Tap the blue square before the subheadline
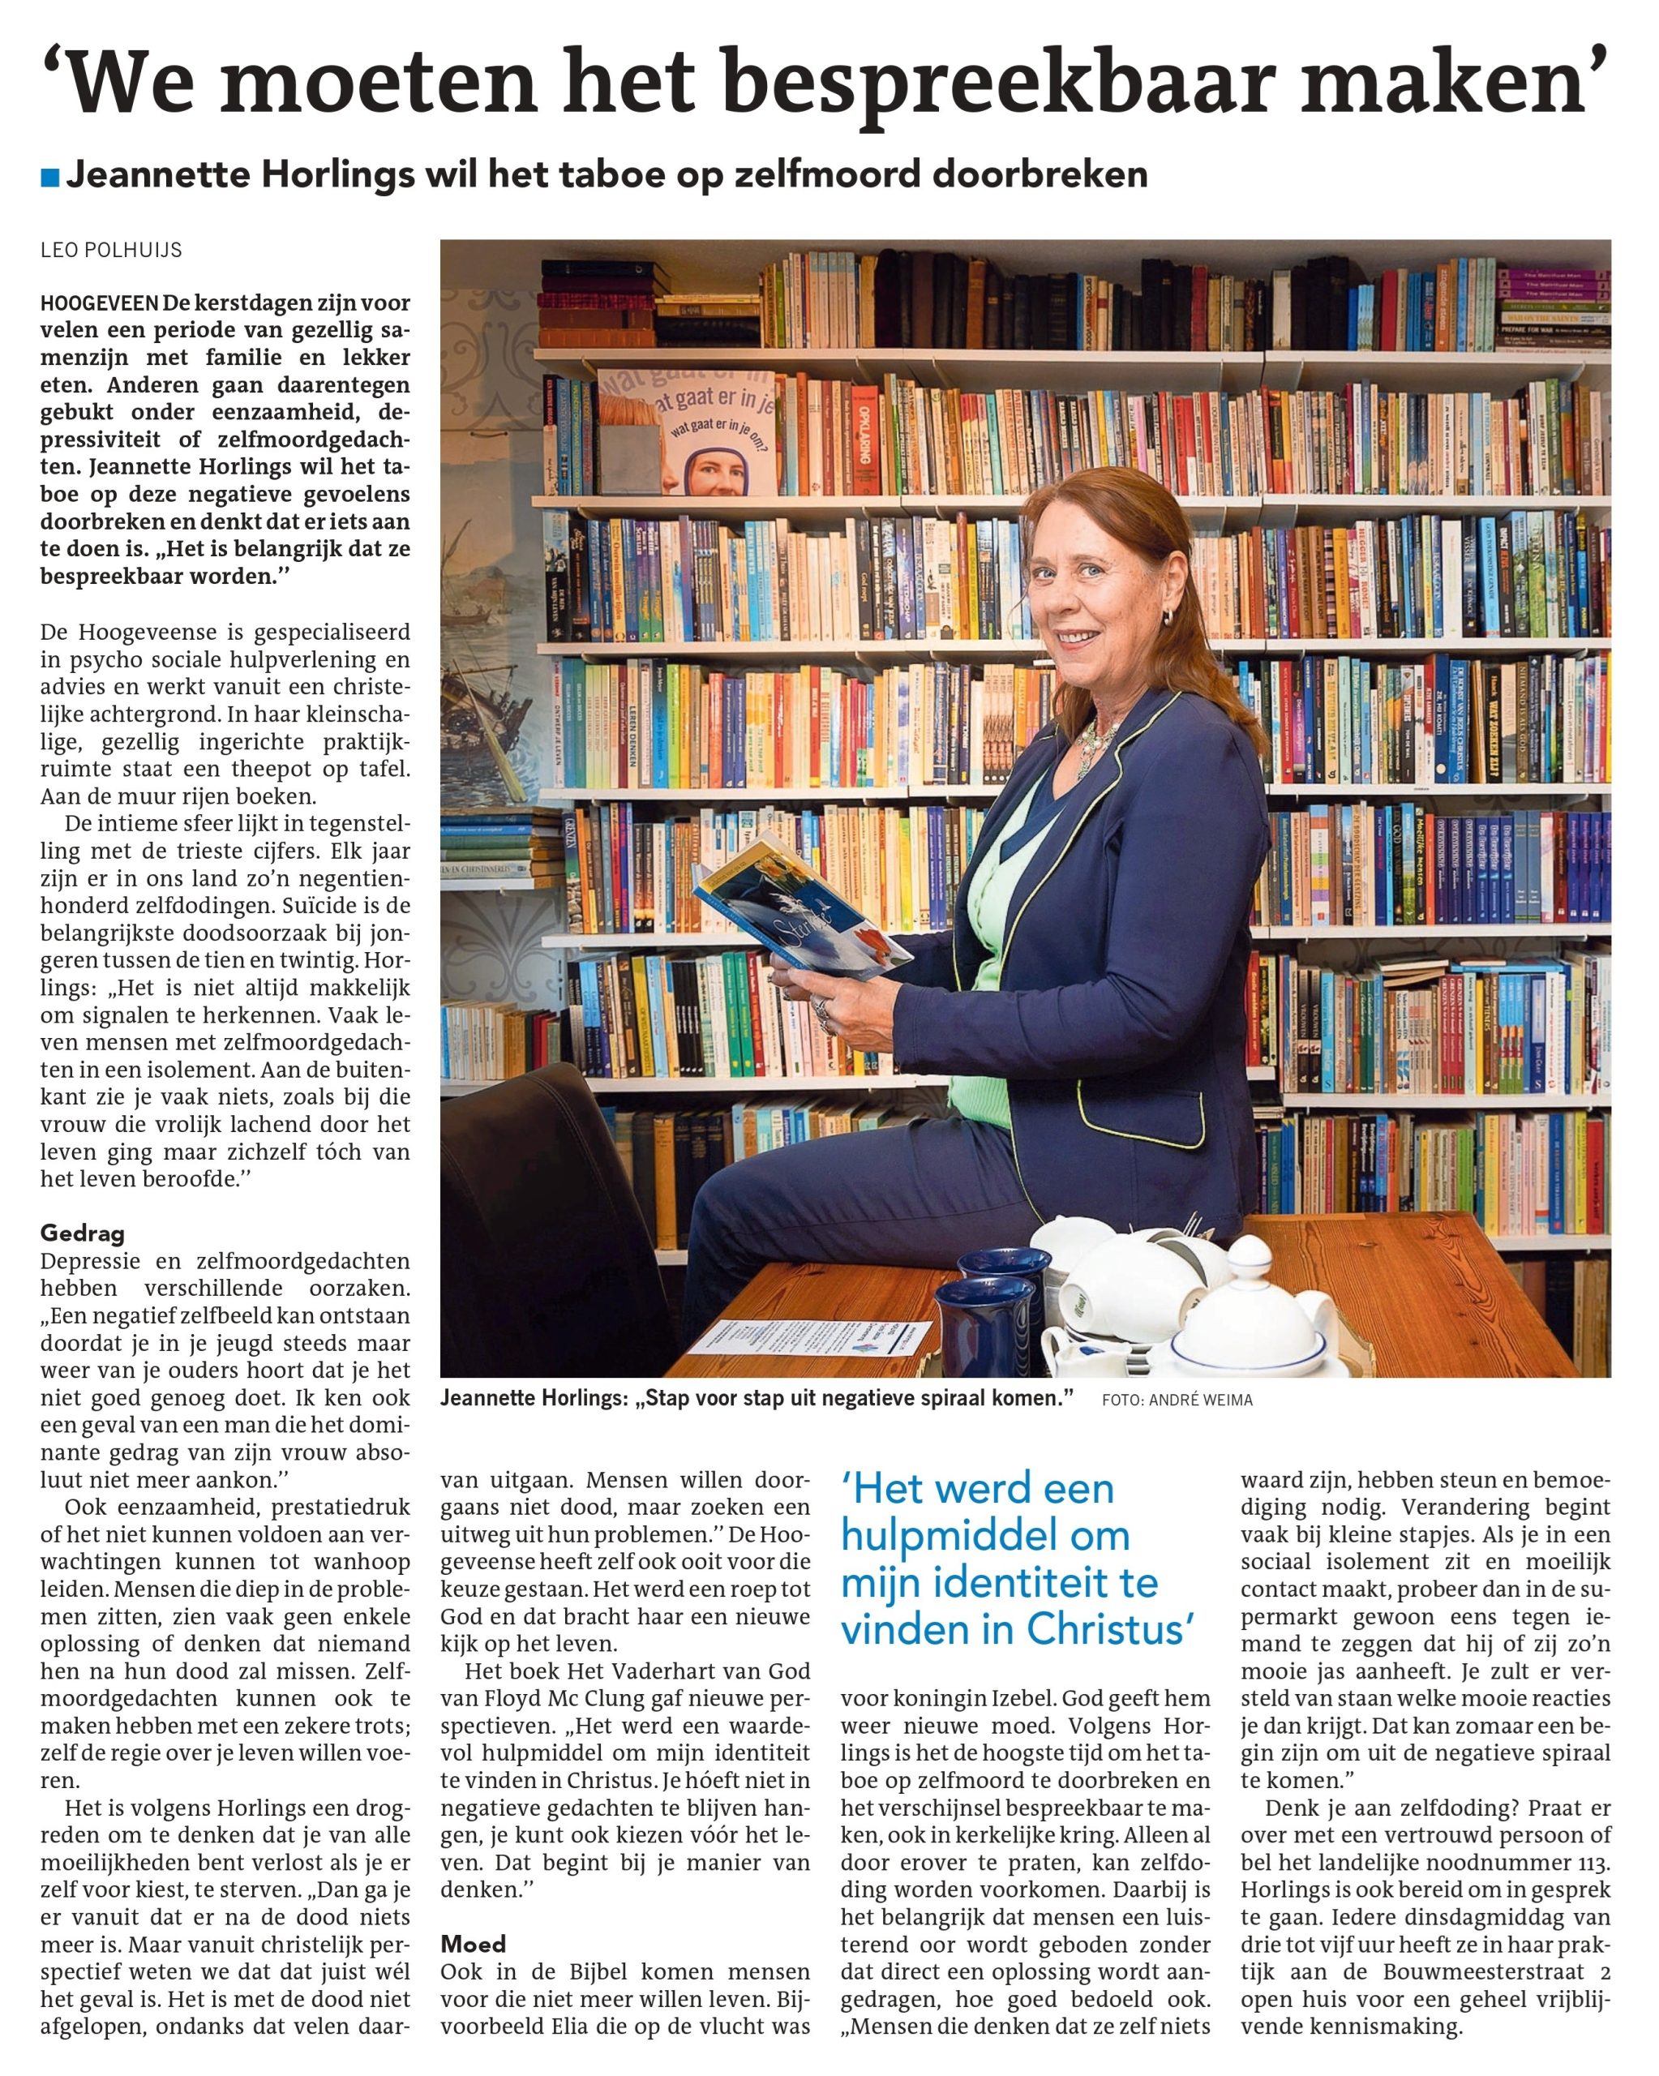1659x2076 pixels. point(50,177)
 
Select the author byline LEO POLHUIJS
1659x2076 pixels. point(111,251)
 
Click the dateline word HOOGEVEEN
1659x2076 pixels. point(99,303)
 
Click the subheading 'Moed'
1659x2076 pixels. point(473,1944)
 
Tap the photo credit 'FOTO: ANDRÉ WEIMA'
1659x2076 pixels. point(1177,1400)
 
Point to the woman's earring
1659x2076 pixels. point(1168,616)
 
